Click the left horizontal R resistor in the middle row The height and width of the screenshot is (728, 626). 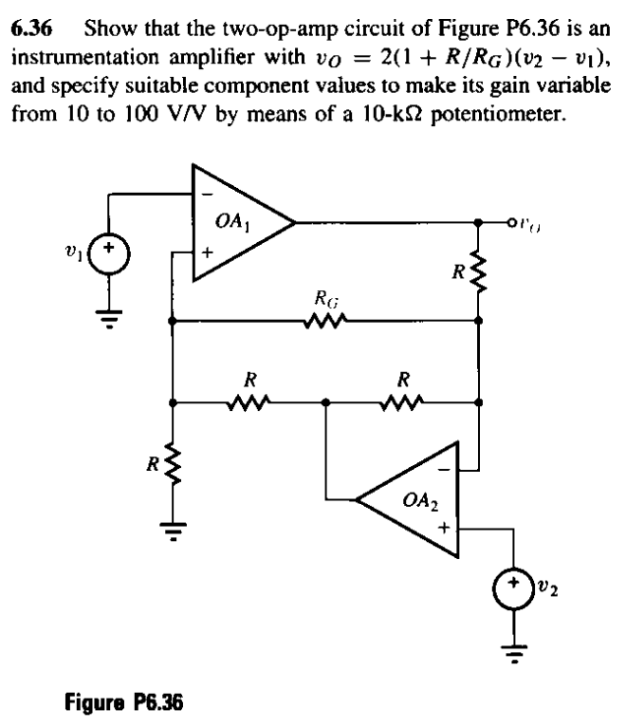(249, 401)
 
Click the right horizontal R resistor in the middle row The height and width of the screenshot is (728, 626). (403, 401)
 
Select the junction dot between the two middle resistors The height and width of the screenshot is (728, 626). (326, 401)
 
